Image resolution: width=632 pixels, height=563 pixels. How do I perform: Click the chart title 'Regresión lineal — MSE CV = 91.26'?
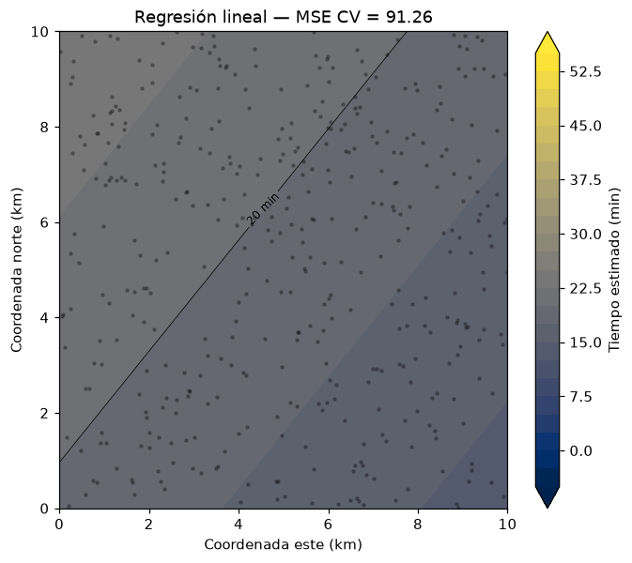[x=283, y=17]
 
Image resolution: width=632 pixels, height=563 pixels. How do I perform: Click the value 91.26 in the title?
[x=409, y=17]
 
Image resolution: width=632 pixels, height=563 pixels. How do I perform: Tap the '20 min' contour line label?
[x=263, y=209]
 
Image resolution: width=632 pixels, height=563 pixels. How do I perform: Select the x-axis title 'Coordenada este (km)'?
[x=283, y=544]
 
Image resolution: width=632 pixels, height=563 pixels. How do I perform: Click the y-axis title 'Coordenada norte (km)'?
[x=16, y=270]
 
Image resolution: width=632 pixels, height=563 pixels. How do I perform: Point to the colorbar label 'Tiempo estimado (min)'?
[x=614, y=270]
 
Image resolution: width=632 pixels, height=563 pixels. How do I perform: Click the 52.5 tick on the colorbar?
[x=585, y=71]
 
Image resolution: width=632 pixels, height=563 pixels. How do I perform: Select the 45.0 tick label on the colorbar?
[x=585, y=126]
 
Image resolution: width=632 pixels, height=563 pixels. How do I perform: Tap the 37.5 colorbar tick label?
[x=585, y=180]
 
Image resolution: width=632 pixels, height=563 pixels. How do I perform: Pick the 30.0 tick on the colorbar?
[x=585, y=235]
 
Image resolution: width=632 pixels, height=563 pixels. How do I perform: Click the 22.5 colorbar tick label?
[x=585, y=289]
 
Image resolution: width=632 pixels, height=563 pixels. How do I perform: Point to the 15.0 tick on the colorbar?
[x=585, y=342]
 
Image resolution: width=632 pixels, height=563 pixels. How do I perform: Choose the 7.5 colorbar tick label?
[x=580, y=397]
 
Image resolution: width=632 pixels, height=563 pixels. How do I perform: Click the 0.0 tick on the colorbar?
[x=580, y=451]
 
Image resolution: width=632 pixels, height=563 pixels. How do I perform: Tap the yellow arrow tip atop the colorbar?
[x=547, y=32]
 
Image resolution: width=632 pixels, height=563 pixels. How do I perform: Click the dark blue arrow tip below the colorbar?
[x=547, y=508]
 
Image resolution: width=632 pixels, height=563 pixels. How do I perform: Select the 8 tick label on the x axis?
[x=418, y=525]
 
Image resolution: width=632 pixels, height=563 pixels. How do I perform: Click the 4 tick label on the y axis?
[x=44, y=318]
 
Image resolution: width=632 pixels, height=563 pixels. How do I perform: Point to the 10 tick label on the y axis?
[x=39, y=31]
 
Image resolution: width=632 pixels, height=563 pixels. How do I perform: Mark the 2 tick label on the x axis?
[x=149, y=525]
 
